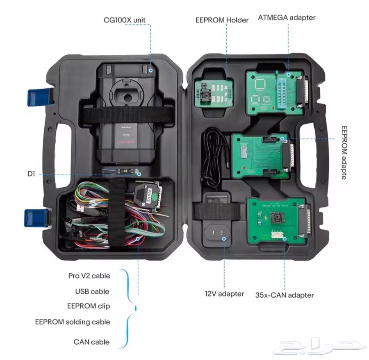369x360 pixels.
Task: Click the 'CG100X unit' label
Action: [x=124, y=20]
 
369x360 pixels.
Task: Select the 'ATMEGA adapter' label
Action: [x=287, y=18]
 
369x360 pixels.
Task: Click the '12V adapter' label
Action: [x=224, y=294]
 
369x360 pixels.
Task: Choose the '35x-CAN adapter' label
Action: [x=284, y=295]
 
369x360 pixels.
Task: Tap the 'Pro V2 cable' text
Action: [x=89, y=276]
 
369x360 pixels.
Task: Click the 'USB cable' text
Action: [x=92, y=292]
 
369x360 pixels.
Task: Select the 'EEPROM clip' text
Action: [x=89, y=306]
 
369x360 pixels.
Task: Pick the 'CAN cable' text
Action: [x=91, y=342]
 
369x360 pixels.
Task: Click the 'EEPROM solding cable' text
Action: [x=73, y=322]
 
